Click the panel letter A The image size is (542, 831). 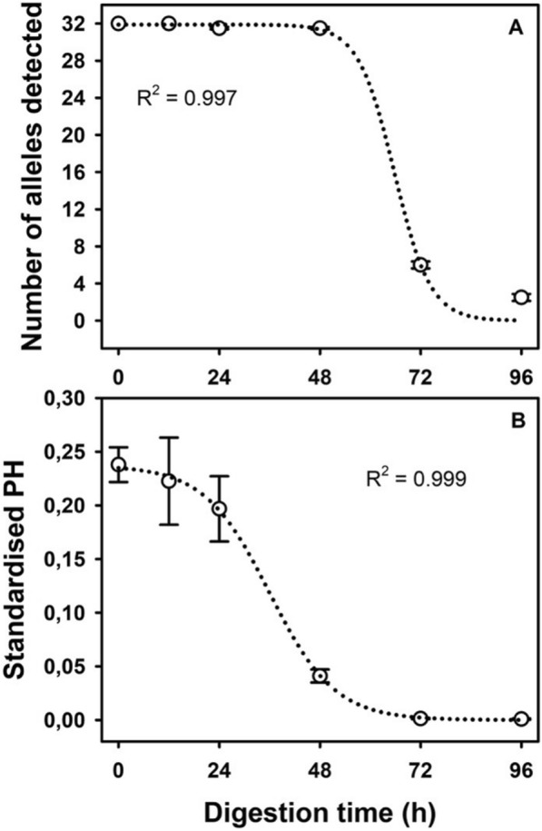point(514,28)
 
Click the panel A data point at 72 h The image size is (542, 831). point(420,264)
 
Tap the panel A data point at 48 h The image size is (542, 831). point(320,28)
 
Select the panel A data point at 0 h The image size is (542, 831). point(119,23)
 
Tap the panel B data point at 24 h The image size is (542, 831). point(219,509)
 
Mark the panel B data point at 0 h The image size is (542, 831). point(119,464)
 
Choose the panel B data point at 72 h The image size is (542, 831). point(420,717)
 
